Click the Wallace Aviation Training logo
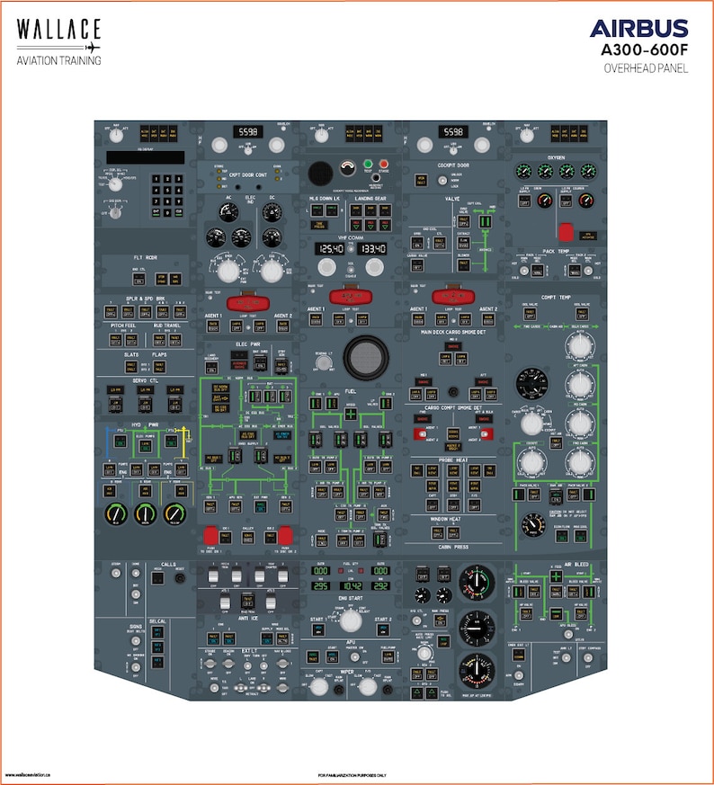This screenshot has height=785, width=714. click(x=58, y=41)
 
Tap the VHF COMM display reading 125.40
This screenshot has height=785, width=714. click(x=330, y=248)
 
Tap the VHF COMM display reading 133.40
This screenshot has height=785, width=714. click(x=372, y=248)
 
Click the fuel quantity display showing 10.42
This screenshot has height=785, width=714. click(x=352, y=584)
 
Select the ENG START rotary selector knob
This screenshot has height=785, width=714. click(x=352, y=620)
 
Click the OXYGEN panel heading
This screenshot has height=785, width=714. click(x=555, y=156)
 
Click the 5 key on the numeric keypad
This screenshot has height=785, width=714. click(x=167, y=191)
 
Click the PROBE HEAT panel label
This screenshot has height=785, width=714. click(x=452, y=459)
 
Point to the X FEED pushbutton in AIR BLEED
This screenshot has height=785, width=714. click(x=556, y=576)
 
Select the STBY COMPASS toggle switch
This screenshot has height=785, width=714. click(x=585, y=667)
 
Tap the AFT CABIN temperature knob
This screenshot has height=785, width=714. click(x=575, y=385)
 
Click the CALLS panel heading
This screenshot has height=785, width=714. click(x=168, y=565)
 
